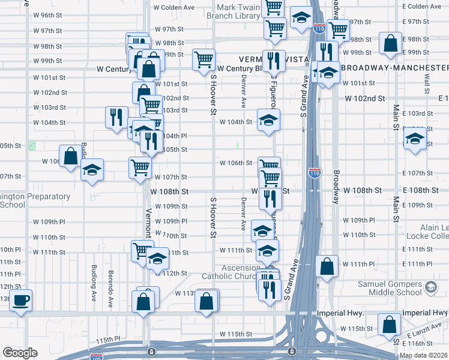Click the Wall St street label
pyautogui.click(x=426, y=79)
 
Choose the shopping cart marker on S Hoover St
pyautogui.click(x=204, y=60)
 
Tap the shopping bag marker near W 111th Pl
pyautogui.click(x=327, y=267)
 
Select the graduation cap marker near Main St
pyautogui.click(x=414, y=138)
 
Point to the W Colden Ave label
pyautogui.click(x=174, y=8)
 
